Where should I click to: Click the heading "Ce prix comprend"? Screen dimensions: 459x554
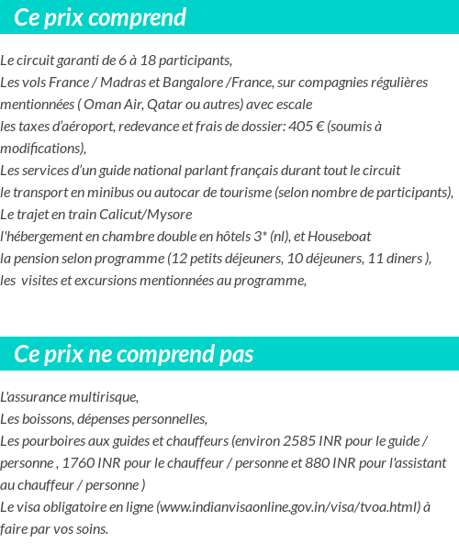coord(100,17)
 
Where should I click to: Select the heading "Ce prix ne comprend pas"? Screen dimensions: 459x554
coord(134,354)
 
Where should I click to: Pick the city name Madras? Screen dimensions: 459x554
coord(116,82)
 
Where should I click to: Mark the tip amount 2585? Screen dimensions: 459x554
coord(301,440)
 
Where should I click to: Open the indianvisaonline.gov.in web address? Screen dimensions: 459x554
coord(289,506)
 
